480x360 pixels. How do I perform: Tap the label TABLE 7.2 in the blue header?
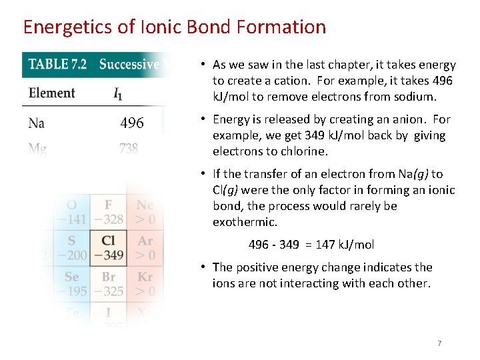(x=58, y=65)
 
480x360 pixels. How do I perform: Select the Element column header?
(x=51, y=93)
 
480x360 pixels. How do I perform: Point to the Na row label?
(x=37, y=123)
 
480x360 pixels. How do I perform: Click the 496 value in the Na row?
(x=132, y=123)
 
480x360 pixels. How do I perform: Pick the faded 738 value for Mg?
(x=129, y=149)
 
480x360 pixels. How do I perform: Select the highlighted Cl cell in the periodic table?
(x=109, y=247)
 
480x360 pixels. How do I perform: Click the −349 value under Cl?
(x=109, y=255)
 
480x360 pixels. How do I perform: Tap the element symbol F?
(x=109, y=205)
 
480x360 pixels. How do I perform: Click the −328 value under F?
(x=109, y=219)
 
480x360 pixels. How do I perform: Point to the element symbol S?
(x=71, y=241)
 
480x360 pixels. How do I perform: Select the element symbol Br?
(x=109, y=277)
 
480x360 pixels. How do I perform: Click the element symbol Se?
(x=71, y=277)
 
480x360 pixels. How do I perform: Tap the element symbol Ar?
(x=145, y=241)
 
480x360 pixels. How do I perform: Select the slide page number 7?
(x=439, y=343)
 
